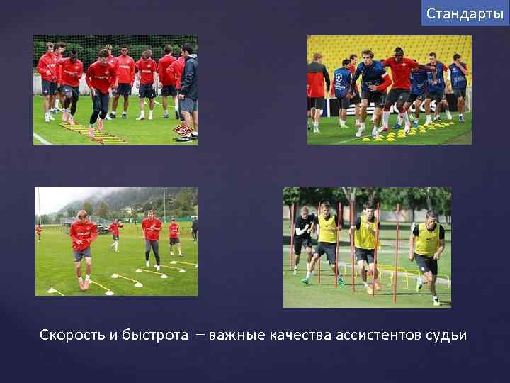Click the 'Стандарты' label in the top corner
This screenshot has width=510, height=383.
(465, 13)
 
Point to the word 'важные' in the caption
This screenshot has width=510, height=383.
(237, 335)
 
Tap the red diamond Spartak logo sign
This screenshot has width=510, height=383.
(183, 130)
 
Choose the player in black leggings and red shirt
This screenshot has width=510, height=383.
(152, 238)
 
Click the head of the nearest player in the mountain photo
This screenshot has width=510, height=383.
(83, 215)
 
